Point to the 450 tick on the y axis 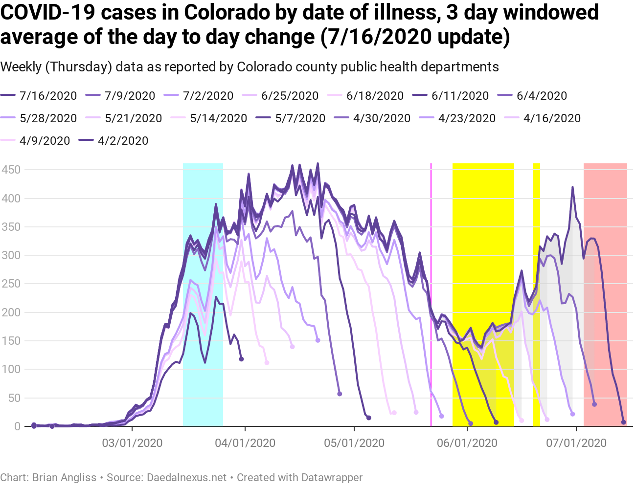11,170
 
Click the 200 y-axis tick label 11,312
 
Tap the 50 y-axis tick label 14,398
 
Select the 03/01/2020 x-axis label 132,444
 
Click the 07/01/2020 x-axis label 576,444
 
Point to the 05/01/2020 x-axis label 354,444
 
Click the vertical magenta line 431,293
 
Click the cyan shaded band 203,293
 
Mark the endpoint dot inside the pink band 623,422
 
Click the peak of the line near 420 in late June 572,187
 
